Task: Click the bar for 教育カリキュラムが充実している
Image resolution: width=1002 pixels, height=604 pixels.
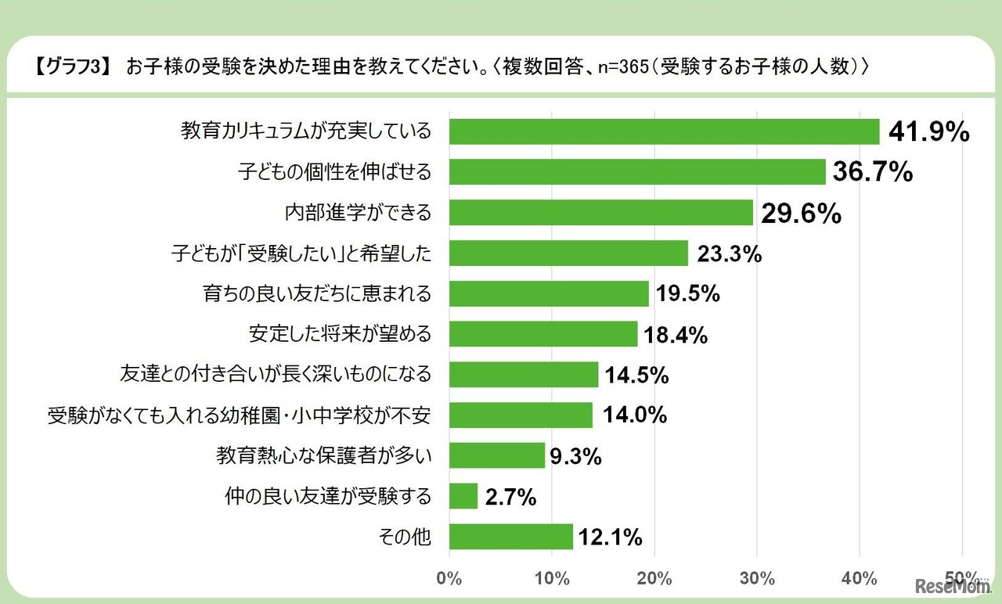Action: [664, 131]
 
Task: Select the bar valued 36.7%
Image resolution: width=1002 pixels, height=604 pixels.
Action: [637, 172]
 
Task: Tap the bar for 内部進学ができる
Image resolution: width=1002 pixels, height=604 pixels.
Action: [600, 212]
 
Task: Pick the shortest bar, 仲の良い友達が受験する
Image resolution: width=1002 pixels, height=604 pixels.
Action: [463, 496]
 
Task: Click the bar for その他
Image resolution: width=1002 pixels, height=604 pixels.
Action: [511, 537]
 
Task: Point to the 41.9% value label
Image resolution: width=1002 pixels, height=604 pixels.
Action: [928, 132]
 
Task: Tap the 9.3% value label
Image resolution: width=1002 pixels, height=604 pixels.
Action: [575, 456]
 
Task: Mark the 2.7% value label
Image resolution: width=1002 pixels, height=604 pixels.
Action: [510, 497]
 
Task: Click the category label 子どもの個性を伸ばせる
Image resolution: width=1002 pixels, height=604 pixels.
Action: [334, 172]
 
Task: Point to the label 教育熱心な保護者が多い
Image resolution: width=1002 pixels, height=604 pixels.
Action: [323, 456]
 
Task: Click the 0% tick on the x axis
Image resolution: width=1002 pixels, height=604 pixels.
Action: [449, 579]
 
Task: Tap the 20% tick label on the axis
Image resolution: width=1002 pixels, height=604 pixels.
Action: [654, 579]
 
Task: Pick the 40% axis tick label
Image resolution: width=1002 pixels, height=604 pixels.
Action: [860, 579]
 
